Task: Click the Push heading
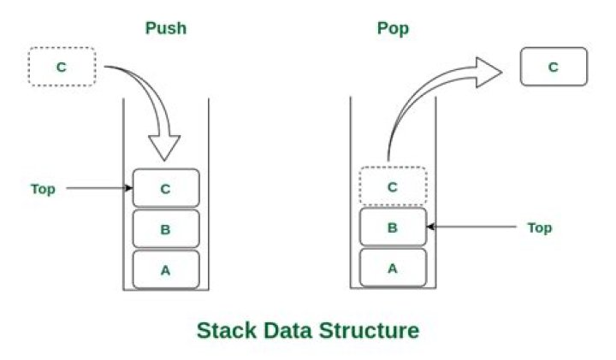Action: coord(166,27)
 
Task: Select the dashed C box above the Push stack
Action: coord(62,68)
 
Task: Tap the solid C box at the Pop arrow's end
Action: coord(554,67)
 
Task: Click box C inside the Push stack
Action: coord(166,188)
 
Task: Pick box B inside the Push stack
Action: coord(166,229)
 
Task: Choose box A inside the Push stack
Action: coord(166,270)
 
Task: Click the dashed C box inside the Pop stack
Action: coord(393,186)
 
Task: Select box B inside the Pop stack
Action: coord(393,227)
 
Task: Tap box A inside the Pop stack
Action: coord(393,268)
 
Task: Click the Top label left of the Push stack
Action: coord(43,189)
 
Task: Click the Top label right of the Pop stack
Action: coord(539,227)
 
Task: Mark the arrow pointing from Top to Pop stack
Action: coord(471,227)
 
